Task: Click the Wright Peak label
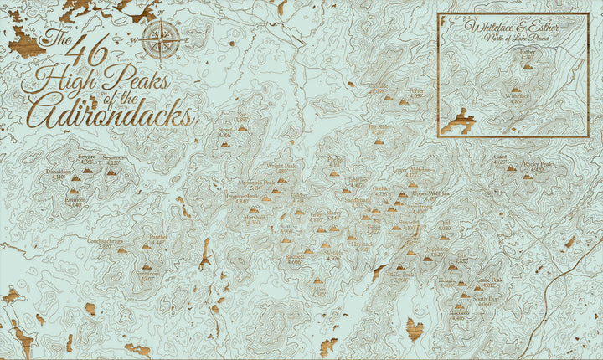coord(281,167)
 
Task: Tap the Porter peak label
coord(416,92)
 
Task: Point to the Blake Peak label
coord(401,276)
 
